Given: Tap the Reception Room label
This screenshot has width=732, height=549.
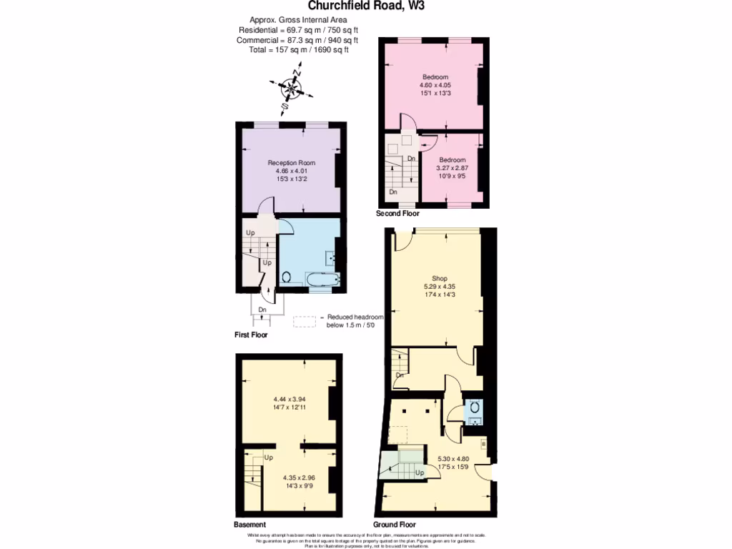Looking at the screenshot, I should coord(291,163).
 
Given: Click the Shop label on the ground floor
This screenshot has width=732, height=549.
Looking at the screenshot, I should coord(440,279).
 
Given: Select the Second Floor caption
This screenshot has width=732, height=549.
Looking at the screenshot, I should coord(398,214).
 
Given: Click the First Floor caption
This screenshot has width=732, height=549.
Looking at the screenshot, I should coord(251,335).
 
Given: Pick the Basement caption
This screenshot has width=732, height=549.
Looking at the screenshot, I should coord(249,525).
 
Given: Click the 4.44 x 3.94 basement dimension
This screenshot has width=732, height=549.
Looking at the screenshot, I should coord(290,400).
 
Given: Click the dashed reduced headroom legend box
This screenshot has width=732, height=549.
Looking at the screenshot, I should coord(304,322).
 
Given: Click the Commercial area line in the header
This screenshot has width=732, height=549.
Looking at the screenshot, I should coord(297,40).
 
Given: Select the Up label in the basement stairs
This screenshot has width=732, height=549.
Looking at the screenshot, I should coord(269,457).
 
